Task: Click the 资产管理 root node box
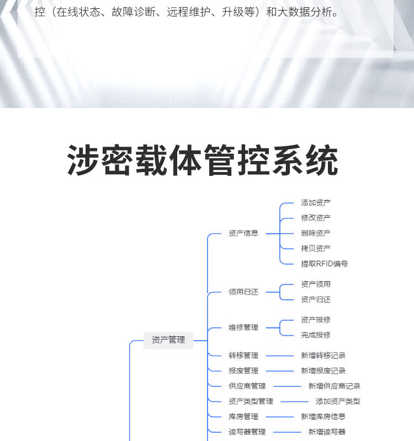click(168, 340)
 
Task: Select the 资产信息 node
click(243, 233)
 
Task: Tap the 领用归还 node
click(243, 292)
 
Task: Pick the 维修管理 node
click(243, 327)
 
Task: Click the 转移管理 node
click(243, 356)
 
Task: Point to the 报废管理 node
click(243, 371)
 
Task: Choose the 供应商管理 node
click(247, 386)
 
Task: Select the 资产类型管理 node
click(251, 401)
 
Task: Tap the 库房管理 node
click(243, 417)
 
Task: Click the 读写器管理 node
click(247, 432)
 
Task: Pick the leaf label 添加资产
click(316, 203)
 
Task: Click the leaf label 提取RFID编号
click(325, 263)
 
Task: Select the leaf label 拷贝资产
click(316, 248)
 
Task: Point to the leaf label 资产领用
click(316, 284)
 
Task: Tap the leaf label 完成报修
click(316, 335)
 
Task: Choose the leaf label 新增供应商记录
click(335, 386)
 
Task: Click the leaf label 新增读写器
click(327, 432)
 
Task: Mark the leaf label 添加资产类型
click(338, 401)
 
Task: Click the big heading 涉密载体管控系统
click(203, 161)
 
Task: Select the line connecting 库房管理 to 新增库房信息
click(279, 417)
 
